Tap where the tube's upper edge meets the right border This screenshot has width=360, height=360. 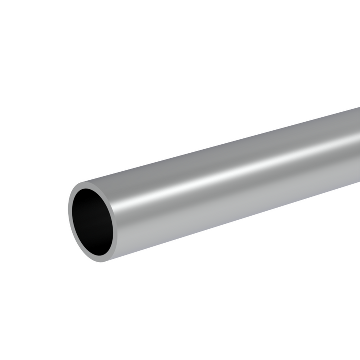point(359,108)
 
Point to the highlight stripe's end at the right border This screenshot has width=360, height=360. point(359,137)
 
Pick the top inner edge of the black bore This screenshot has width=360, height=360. point(90,188)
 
